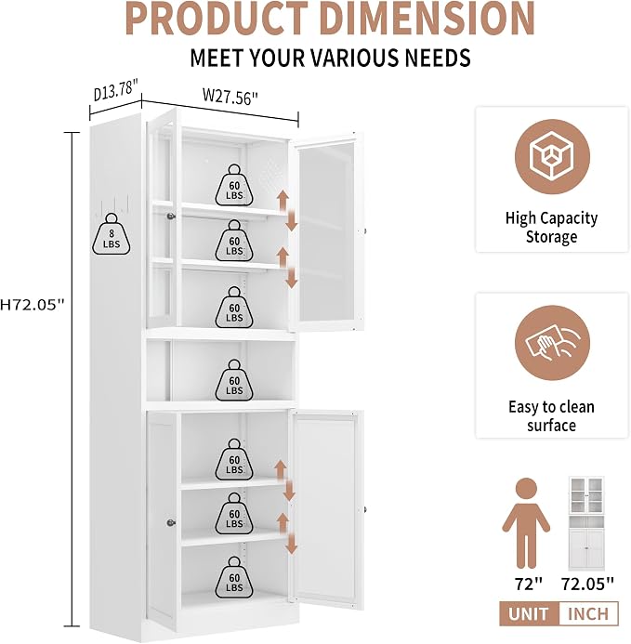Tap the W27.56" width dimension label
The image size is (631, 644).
[230, 97]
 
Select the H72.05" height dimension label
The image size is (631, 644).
[33, 305]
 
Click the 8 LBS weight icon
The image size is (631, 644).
[112, 234]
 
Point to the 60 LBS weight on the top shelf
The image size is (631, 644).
[234, 185]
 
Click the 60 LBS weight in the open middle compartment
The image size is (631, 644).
[234, 380]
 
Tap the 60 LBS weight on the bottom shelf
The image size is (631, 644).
[234, 577]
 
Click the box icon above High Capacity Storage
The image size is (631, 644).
[552, 157]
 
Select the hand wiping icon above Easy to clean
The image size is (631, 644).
[552, 343]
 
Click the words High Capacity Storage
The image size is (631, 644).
[551, 228]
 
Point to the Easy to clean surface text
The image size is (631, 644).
[551, 416]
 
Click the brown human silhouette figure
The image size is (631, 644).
[526, 524]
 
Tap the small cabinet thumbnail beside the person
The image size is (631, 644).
[586, 523]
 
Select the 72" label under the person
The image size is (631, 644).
[529, 584]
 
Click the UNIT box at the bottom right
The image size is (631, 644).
[529, 614]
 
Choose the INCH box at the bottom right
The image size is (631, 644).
[588, 614]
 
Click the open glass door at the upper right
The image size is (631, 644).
[326, 231]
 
